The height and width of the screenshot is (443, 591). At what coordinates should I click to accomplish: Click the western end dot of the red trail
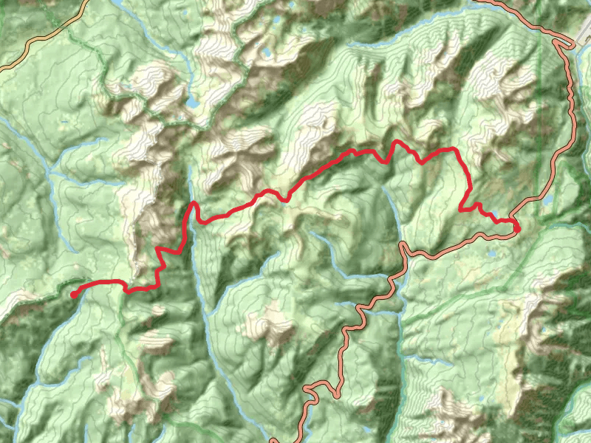click(75, 295)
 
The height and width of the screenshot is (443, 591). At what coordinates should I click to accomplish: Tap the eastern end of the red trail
click(516, 229)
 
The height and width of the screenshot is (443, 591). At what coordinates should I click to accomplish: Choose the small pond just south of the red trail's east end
click(493, 255)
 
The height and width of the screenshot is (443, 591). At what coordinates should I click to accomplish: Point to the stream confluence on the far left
click(49, 174)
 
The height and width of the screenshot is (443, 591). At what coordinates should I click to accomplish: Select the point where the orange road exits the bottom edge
click(273, 441)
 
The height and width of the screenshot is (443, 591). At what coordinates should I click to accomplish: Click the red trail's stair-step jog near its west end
click(160, 255)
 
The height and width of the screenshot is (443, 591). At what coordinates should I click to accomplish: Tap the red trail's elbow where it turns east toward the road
click(464, 209)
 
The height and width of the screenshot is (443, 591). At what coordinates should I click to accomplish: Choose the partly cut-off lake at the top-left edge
click(118, 4)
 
